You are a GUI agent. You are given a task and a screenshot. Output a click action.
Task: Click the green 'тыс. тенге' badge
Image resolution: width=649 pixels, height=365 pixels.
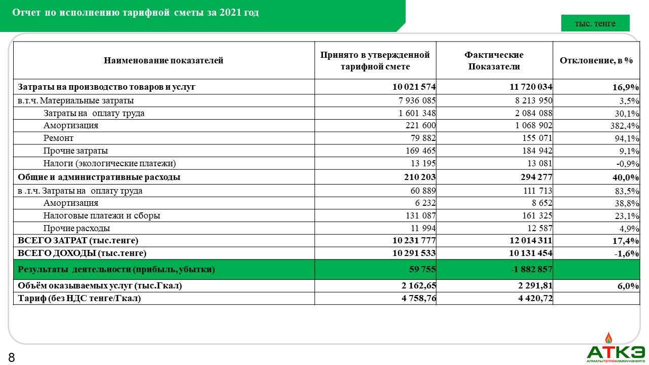click(x=595, y=23)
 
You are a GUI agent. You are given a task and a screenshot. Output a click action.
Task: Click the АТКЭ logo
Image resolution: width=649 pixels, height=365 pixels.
click(x=616, y=349)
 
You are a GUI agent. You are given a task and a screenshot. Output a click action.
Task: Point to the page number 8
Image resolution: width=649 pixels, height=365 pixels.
click(x=11, y=358)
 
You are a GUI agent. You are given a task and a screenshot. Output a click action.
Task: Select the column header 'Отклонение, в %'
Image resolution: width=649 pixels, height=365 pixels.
click(x=596, y=60)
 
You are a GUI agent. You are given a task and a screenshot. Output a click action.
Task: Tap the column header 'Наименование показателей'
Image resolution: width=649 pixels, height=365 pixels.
click(x=163, y=61)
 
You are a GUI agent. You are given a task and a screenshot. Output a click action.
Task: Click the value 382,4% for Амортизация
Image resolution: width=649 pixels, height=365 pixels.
click(x=625, y=126)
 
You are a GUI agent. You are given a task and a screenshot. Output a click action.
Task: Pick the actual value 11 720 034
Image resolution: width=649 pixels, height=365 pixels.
click(x=531, y=87)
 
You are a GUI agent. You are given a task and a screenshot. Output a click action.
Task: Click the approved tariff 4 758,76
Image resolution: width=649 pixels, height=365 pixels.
click(x=415, y=298)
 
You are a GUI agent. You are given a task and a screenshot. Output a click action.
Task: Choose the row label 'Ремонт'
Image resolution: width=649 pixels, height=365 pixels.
click(x=58, y=138)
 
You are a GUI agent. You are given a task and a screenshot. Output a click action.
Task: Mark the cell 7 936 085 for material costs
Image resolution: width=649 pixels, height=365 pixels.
click(x=413, y=100)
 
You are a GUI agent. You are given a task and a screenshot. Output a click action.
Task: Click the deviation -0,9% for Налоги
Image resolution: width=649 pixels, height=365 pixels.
click(x=628, y=164)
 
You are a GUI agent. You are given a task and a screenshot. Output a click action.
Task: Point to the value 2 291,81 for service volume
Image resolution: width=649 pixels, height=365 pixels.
click(x=532, y=286)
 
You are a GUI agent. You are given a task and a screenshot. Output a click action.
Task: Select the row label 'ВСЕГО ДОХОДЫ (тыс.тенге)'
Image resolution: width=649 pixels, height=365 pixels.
click(x=82, y=253)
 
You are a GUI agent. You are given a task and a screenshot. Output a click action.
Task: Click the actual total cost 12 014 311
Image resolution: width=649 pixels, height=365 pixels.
click(x=531, y=240)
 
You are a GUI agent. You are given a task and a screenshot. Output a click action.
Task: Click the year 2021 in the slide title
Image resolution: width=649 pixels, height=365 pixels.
click(x=231, y=13)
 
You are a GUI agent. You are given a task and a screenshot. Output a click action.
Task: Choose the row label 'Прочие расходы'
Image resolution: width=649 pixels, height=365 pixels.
click(x=77, y=228)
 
